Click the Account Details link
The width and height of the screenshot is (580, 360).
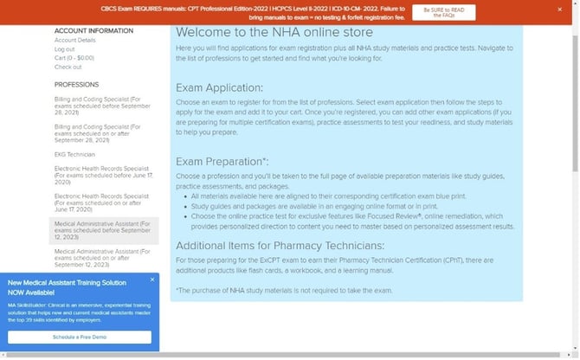pos(74,41)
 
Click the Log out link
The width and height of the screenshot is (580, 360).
pos(64,49)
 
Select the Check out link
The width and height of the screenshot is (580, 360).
pos(68,67)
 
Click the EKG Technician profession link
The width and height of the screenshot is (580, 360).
pos(74,154)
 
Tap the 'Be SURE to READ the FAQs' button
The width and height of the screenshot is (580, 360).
pos(443,11)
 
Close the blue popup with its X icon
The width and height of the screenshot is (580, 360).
pos(152,280)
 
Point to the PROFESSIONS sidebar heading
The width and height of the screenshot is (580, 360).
pos(76,85)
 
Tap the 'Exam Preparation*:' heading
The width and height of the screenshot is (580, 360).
pos(222,161)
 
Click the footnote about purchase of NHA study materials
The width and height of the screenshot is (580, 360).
pos(284,290)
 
